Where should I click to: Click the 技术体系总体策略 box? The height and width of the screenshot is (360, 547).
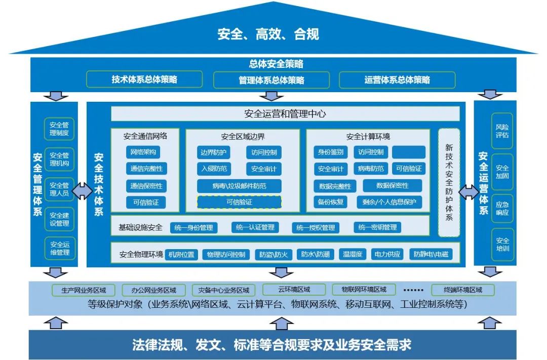pos(144,79)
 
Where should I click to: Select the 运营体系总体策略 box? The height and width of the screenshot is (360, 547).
pos(397,80)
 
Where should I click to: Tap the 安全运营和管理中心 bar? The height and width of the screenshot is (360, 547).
pos(285,114)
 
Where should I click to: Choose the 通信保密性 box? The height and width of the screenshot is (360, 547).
pos(146,186)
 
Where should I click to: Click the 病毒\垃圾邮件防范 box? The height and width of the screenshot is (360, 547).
pos(239,186)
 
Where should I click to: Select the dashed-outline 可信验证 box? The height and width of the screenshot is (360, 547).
pos(239,202)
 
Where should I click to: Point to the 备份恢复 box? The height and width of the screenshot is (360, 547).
pos(331,202)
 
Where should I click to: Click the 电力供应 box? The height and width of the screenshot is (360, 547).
pos(387,254)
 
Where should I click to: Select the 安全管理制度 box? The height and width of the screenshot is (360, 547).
pos(59,129)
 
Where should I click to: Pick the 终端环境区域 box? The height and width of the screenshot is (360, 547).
pos(463,290)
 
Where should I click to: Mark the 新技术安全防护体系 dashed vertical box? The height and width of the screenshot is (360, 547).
pos(449,182)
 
